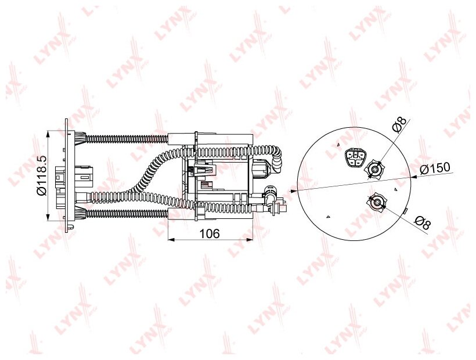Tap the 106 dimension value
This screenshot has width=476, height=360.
pyautogui.click(x=210, y=234)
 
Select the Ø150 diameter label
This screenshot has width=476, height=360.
pyautogui.click(x=434, y=169)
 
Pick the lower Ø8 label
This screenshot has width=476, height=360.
pyautogui.click(x=423, y=223)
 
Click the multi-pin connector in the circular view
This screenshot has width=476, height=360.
pyautogui.click(x=355, y=157)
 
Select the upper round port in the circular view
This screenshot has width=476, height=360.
pyautogui.click(x=375, y=168)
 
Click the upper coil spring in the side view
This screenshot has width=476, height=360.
pyautogui.click(x=127, y=139)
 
